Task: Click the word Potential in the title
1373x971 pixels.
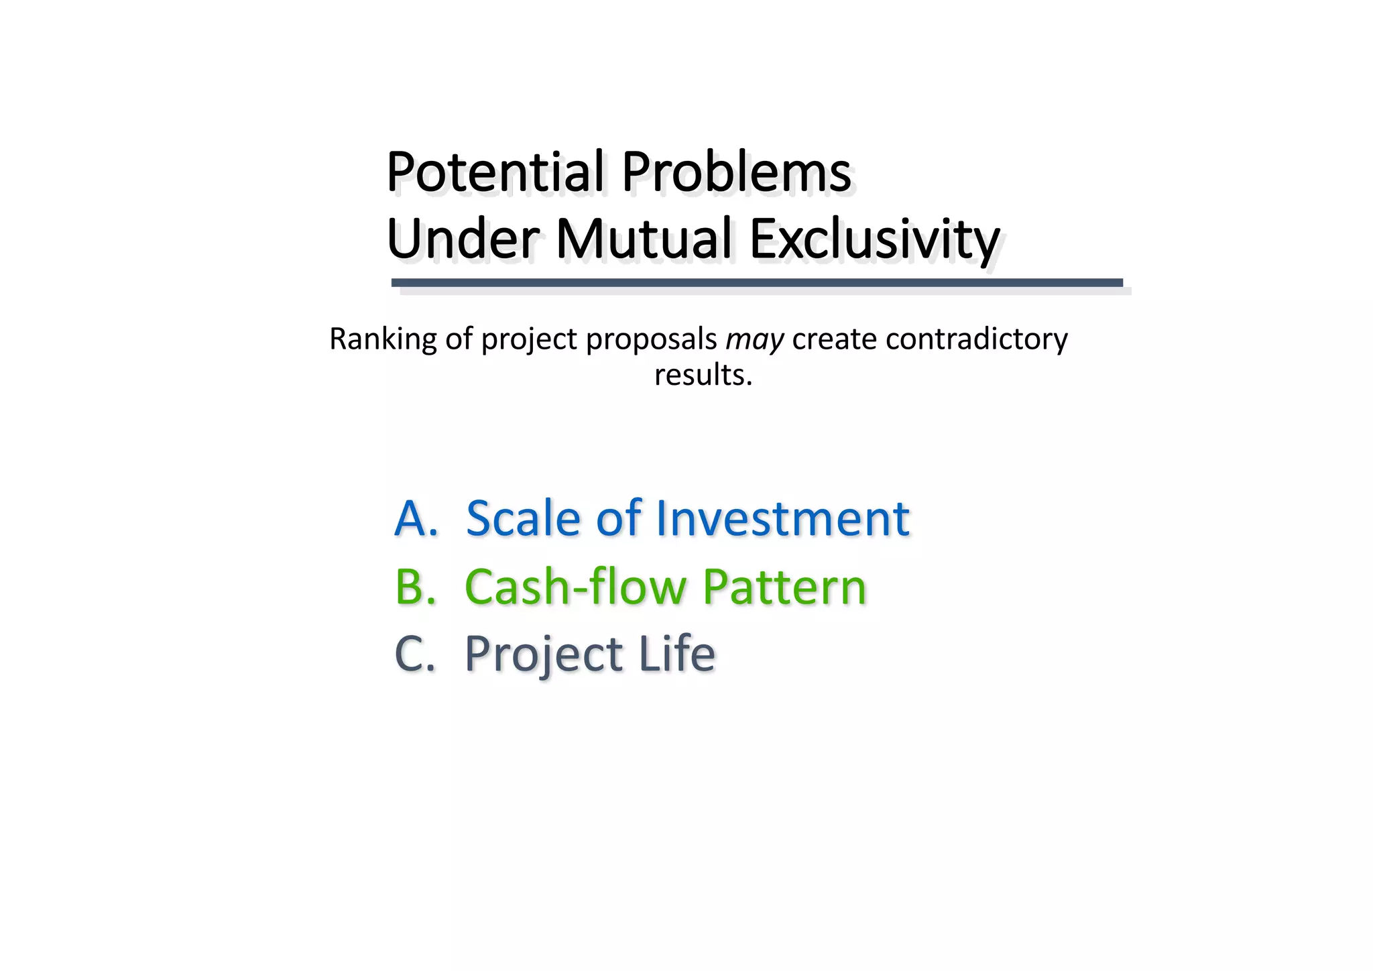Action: click(x=495, y=172)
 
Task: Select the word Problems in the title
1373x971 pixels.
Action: click(x=736, y=172)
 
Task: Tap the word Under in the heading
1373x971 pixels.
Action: click(x=463, y=239)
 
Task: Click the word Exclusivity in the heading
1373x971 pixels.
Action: click(x=874, y=240)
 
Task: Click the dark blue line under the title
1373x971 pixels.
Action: click(x=757, y=283)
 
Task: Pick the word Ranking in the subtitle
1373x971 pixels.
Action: click(x=382, y=339)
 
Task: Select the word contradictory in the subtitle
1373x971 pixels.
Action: click(x=976, y=339)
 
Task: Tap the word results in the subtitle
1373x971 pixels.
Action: click(x=703, y=375)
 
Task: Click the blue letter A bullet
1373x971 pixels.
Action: click(x=416, y=518)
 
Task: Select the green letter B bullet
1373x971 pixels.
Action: click(x=415, y=587)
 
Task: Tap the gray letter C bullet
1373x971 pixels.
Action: click(x=414, y=654)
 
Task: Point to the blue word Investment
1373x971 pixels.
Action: click(x=782, y=518)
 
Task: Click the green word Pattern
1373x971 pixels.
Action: click(x=784, y=587)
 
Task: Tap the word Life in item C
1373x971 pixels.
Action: click(x=676, y=654)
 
